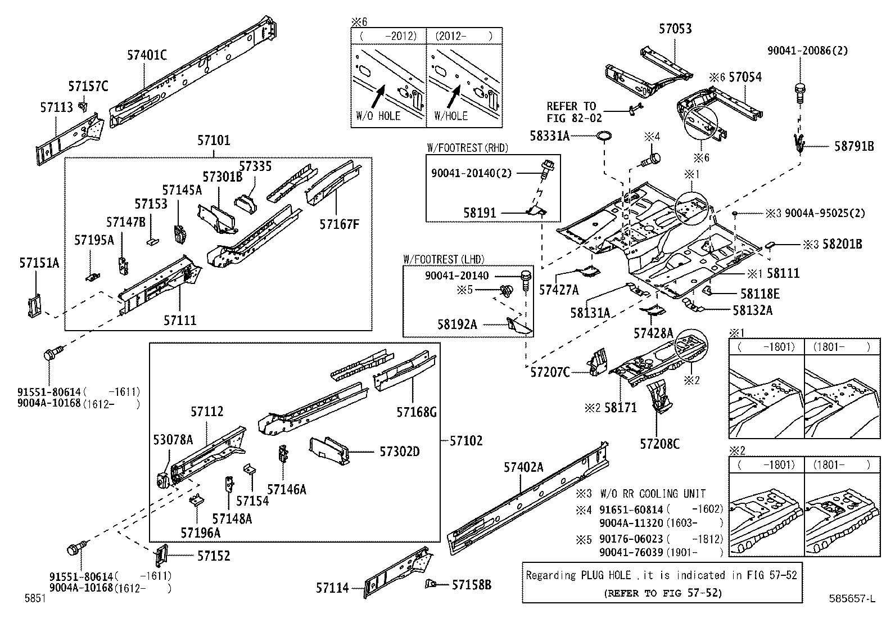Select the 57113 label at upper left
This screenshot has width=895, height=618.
tap(56, 107)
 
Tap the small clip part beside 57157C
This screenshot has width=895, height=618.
tap(83, 105)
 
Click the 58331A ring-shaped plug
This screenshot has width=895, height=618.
tap(604, 136)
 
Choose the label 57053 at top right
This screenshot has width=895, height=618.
tap(675, 29)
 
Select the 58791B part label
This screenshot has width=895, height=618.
tap(853, 146)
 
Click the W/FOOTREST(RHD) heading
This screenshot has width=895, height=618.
tap(467, 148)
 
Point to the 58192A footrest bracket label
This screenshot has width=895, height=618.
tap(457, 324)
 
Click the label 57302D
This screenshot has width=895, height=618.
tap(399, 452)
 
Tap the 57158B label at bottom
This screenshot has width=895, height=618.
tap(471, 585)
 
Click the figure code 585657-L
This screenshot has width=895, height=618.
tap(851, 599)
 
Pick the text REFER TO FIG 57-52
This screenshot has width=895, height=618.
tap(662, 593)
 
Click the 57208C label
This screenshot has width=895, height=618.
tap(659, 444)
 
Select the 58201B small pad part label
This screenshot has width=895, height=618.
tap(842, 244)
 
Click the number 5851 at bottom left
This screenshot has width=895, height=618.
tap(35, 599)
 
